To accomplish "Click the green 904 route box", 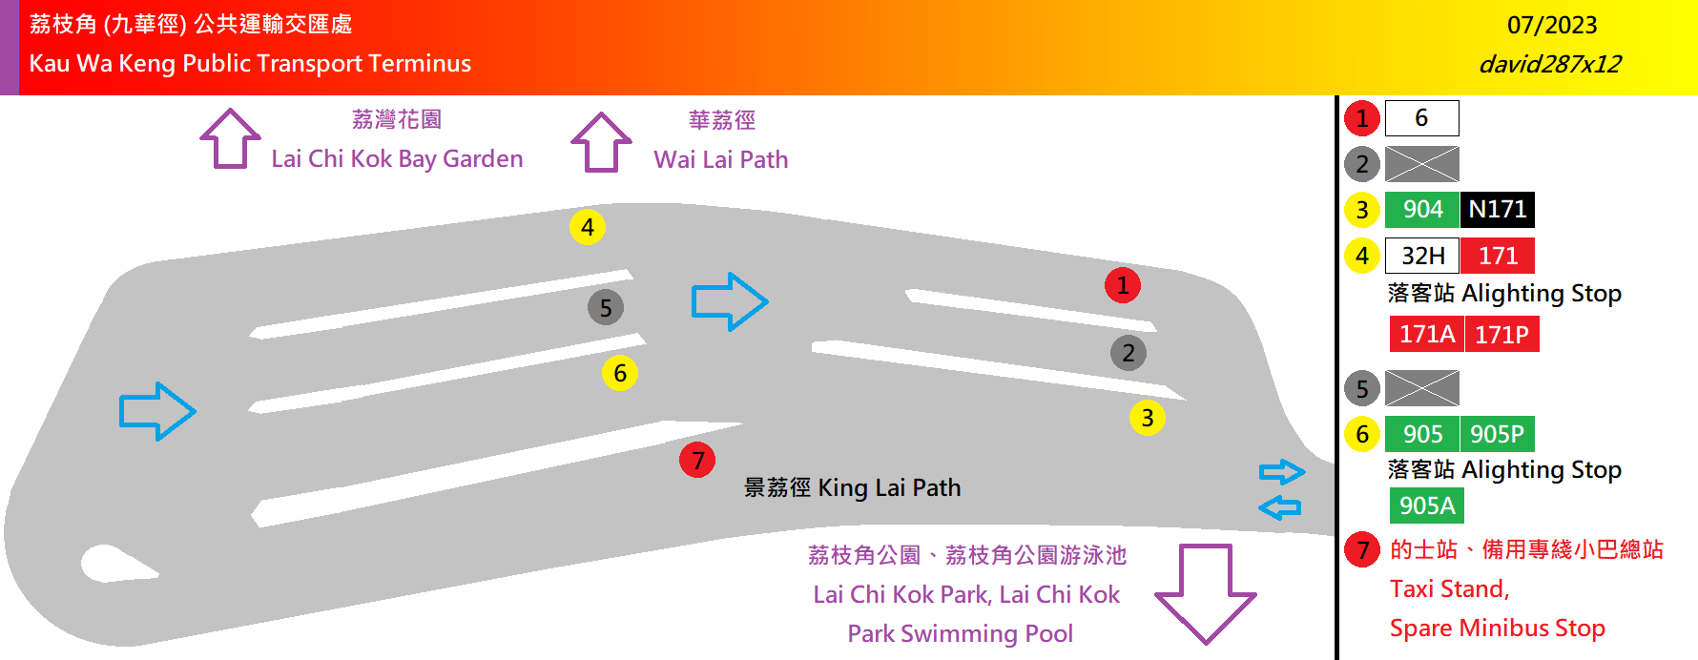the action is [1421, 209].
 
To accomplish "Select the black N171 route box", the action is [1497, 209].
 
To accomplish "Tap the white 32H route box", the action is [1421, 256].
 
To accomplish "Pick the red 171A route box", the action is [1426, 334].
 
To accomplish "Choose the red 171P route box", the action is [1501, 334].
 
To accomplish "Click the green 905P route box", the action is [1497, 434].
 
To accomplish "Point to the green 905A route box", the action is [1426, 505].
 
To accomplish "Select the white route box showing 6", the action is [1421, 118].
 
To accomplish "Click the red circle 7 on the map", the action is [697, 461].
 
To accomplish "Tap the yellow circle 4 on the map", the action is [588, 227].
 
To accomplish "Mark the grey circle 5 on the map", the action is [606, 308].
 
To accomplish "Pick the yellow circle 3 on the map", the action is [1147, 418].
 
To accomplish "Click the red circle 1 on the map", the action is [1123, 285].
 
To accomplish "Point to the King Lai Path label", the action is [852, 487].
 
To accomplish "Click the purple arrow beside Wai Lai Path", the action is [601, 142].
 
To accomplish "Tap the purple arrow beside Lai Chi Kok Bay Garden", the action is [230, 139].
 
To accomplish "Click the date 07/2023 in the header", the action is [1552, 25].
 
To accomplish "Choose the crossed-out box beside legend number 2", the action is [1421, 164].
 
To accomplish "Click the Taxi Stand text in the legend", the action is [1449, 588].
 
